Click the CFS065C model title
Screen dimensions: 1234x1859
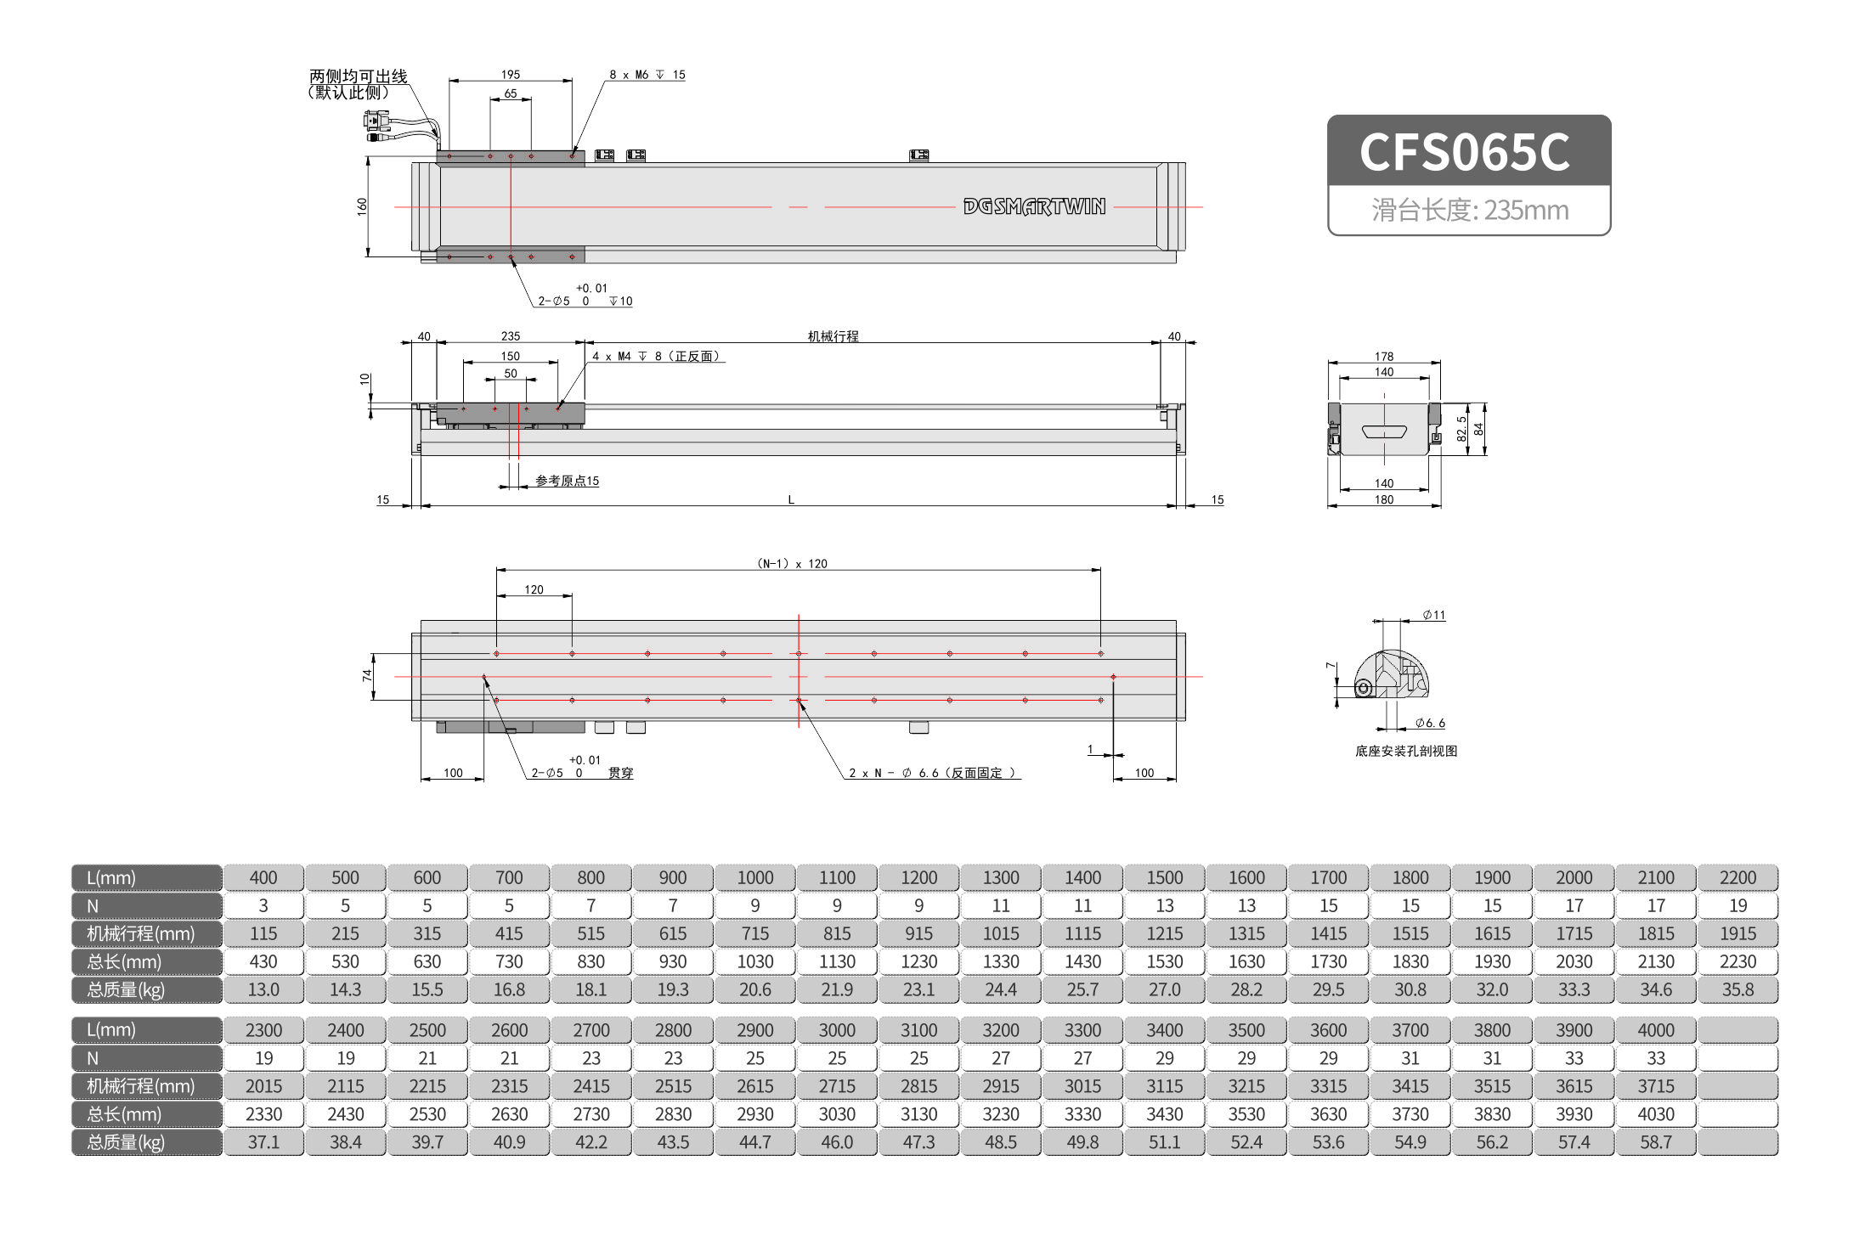click(x=1465, y=152)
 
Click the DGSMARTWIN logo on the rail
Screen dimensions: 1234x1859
click(x=1034, y=206)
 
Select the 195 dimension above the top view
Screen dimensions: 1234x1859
click(x=511, y=75)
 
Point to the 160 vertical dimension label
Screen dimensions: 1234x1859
click(x=362, y=206)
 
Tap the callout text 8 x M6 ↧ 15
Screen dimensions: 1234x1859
click(x=647, y=75)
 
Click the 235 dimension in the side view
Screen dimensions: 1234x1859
click(x=511, y=336)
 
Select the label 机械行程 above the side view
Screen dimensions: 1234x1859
click(x=833, y=336)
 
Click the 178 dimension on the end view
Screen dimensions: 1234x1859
click(x=1384, y=357)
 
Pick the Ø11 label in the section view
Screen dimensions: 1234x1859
click(x=1434, y=615)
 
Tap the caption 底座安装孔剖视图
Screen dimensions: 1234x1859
click(x=1406, y=751)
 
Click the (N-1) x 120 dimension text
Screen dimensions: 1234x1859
click(x=792, y=563)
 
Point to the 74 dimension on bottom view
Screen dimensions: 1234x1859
click(x=367, y=675)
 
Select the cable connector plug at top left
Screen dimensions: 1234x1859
click(x=376, y=127)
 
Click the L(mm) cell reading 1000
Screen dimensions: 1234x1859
click(x=754, y=877)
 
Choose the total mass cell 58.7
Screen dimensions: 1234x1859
click(x=1655, y=1142)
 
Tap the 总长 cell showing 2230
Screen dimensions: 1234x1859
click(x=1738, y=961)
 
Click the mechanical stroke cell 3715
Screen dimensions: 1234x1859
click(x=1655, y=1086)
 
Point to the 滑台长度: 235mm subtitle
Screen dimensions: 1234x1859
click(x=1469, y=210)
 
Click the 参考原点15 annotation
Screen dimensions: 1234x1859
click(x=567, y=481)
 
